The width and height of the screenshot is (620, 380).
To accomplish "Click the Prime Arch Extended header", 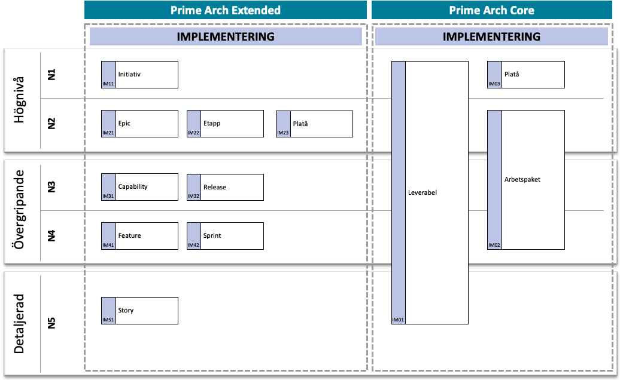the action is pos(226,10).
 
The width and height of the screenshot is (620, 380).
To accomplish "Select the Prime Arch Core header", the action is pos(491,10).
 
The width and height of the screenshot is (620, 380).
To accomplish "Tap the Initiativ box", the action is pos(139,75).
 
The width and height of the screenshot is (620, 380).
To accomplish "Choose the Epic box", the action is pos(139,124).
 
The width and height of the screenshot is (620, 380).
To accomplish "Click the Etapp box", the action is pos(225,124).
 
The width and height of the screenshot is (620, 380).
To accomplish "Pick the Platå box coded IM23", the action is pos(314,124).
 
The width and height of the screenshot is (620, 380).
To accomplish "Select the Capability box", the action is pos(139,187).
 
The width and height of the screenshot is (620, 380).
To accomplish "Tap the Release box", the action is pos(225,187).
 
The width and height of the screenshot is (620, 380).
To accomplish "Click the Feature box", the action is pos(139,236).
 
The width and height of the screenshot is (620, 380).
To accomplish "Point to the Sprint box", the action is pos(225,236).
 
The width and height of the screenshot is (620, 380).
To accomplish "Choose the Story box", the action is pos(139,311).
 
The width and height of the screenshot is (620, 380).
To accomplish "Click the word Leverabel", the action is pos(423,192).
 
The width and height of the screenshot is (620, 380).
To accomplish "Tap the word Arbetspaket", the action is pos(522,179).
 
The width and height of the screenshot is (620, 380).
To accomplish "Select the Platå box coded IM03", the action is pos(526,75).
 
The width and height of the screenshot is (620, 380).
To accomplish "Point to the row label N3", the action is pos(51,186).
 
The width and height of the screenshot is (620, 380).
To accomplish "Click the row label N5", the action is pos(51,323).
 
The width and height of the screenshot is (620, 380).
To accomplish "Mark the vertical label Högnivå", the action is pos(19,100).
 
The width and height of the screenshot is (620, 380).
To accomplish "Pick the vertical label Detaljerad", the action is pos(19,324).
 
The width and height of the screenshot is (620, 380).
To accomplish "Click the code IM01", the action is pos(398,320).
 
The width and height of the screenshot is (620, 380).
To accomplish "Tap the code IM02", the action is pos(494,245).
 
